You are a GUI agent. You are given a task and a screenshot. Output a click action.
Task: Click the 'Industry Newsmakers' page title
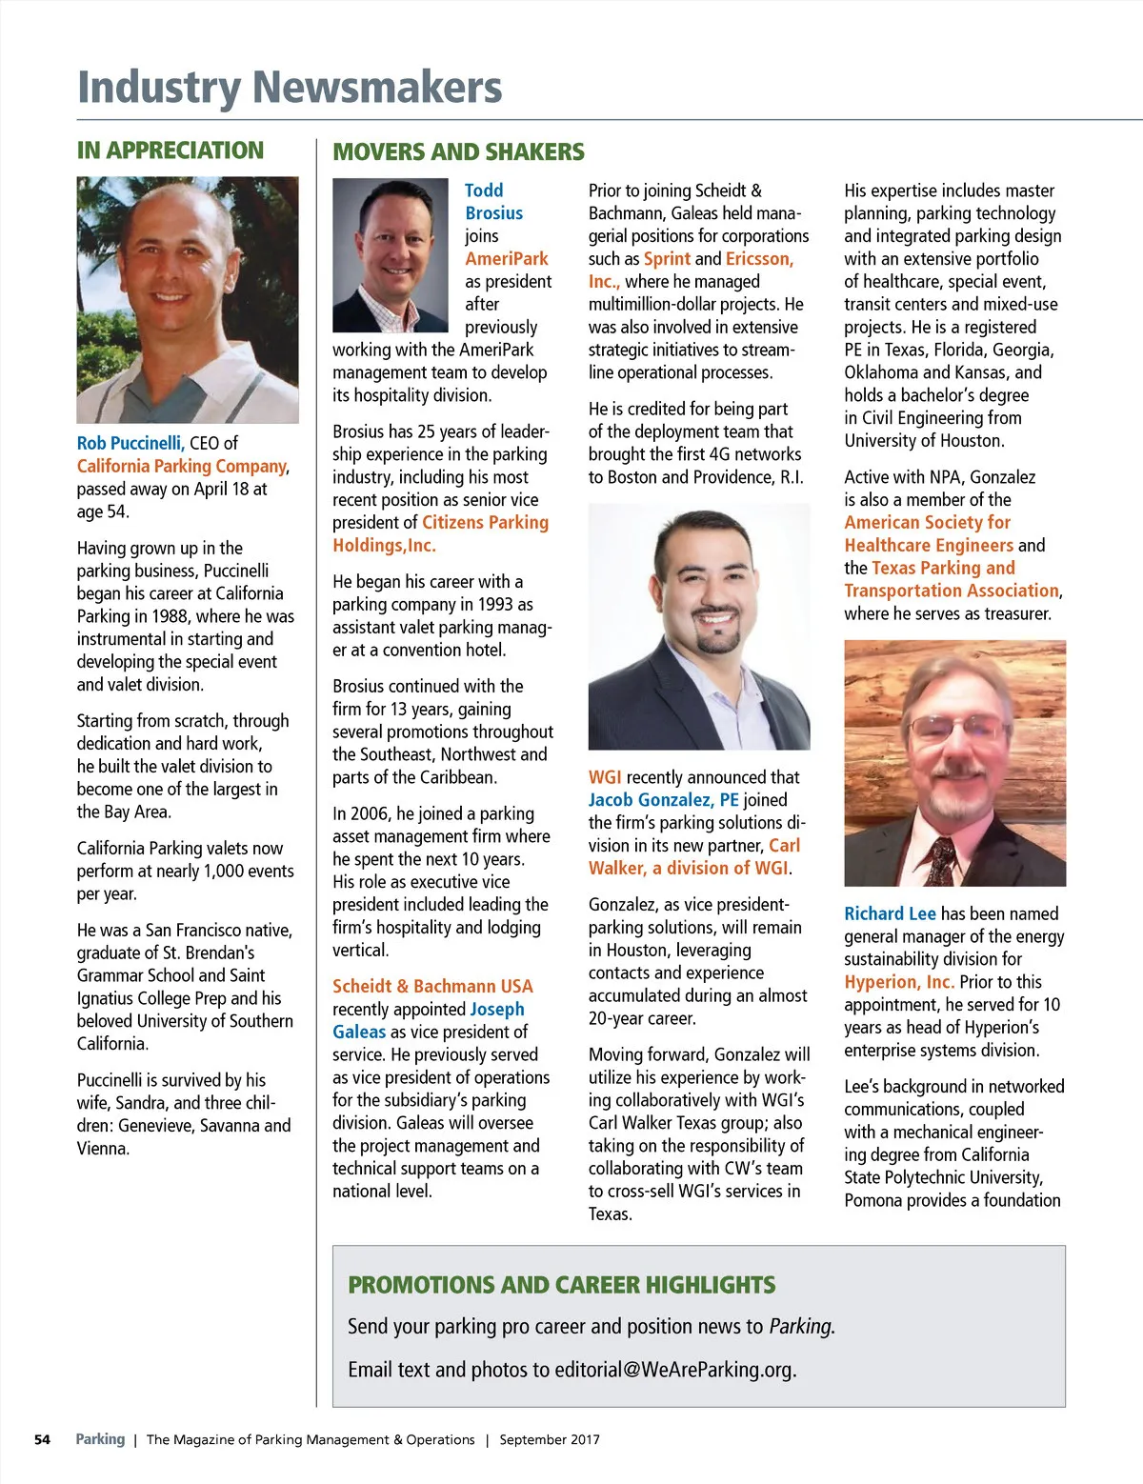pos(289,87)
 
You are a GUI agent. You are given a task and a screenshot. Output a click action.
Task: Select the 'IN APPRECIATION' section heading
pos(170,150)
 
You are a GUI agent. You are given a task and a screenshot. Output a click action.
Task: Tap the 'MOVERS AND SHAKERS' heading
pos(458,152)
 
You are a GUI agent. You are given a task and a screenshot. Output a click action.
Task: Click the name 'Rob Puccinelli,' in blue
pos(130,443)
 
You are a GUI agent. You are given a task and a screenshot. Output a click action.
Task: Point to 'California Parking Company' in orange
pos(182,466)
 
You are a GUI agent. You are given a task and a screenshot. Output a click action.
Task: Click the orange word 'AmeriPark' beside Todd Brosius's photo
pos(507,259)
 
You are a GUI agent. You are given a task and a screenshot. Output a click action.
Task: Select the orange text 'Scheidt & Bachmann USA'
pos(432,987)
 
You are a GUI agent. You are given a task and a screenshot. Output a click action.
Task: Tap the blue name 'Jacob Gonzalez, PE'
pos(663,800)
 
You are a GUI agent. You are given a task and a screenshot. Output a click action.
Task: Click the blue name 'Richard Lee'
pos(890,913)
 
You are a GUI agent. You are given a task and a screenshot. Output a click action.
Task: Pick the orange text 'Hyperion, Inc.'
pos(899,982)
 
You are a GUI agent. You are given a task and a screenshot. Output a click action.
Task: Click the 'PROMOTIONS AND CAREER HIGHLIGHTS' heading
pos(562,1285)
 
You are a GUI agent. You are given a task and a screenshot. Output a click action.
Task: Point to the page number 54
pos(42,1439)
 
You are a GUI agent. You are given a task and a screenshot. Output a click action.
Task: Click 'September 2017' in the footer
pos(550,1439)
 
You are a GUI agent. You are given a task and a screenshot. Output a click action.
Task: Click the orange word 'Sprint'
pos(667,259)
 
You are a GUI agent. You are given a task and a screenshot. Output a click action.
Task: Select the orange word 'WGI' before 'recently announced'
pos(605,777)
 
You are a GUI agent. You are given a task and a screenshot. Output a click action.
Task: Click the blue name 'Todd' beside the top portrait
pos(484,191)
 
